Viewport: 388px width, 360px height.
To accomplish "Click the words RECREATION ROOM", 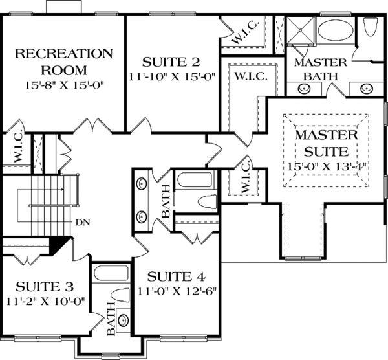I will (x=64, y=61).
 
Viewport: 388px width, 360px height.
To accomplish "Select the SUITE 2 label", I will (x=171, y=63).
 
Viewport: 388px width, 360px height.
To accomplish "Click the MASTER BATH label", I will (x=321, y=69).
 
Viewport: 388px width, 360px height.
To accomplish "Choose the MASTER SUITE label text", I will (x=327, y=144).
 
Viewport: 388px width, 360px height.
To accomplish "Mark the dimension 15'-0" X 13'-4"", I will (x=327, y=166).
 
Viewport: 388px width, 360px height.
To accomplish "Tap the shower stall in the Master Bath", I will (x=299, y=31).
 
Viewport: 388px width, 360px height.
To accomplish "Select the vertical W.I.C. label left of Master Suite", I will (x=244, y=176).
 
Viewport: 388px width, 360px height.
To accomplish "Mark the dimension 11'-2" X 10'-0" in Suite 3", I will (x=47, y=300).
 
